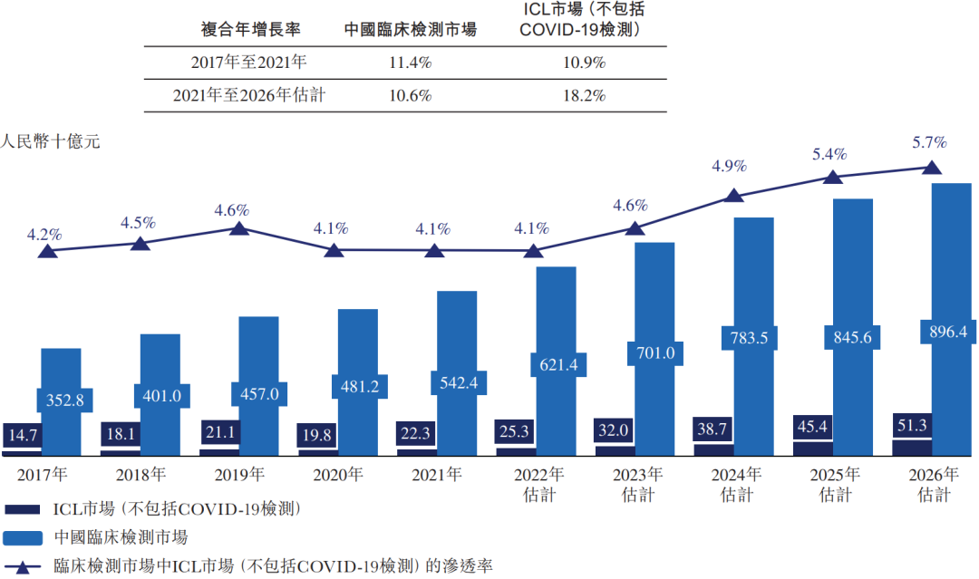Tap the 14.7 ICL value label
click(x=22, y=435)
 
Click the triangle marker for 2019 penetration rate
click(x=239, y=227)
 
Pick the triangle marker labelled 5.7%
click(x=931, y=168)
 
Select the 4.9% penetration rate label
click(x=729, y=166)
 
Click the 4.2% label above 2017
click(x=44, y=234)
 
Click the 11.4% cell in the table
click(x=411, y=63)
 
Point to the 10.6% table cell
click(x=411, y=95)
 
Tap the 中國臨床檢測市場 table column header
click(x=411, y=29)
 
